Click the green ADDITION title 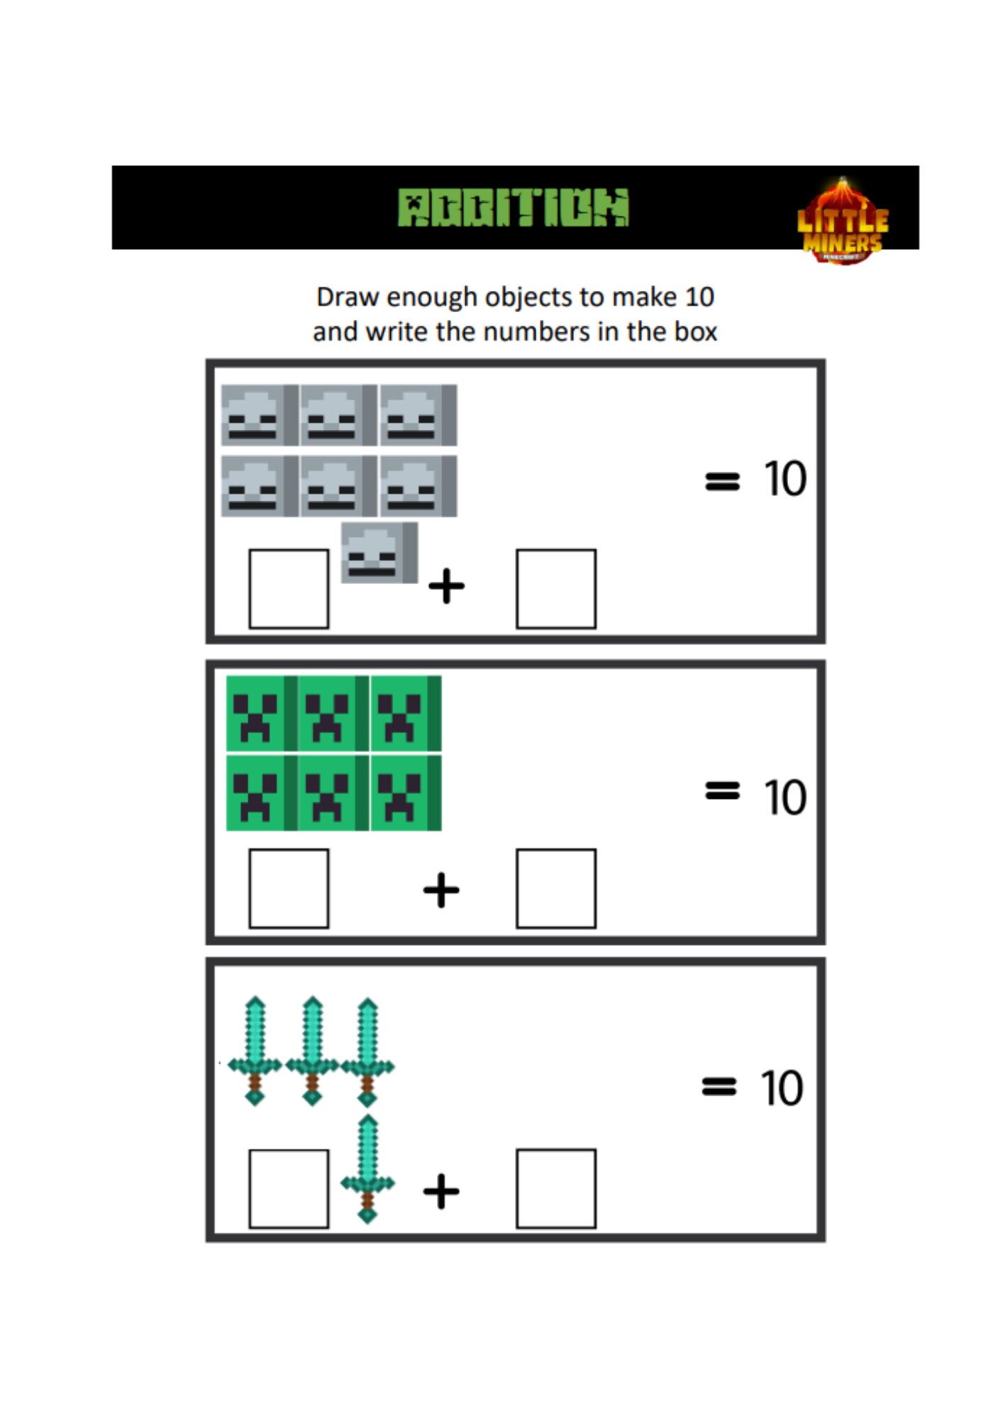pos(513,207)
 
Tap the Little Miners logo pos(843,221)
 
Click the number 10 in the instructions pos(699,297)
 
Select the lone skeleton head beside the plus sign pos(379,553)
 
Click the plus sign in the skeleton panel pos(446,586)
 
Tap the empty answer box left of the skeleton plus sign pos(289,588)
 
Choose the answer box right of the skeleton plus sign pos(555,588)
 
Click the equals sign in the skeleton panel pos(722,481)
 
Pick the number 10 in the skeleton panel pos(785,479)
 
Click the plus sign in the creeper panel pos(441,890)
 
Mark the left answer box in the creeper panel pos(289,888)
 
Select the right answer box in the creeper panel pos(555,888)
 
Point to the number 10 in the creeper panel pos(785,797)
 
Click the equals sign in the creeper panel pos(722,790)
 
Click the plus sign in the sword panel pos(441,1191)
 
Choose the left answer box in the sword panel pos(289,1188)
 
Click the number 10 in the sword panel pos(781,1088)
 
